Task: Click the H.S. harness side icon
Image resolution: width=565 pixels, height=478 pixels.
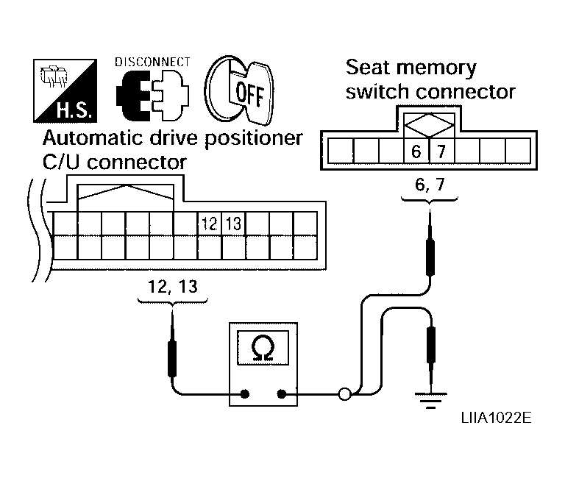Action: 65,90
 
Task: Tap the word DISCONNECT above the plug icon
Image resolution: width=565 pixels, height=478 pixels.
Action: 152,63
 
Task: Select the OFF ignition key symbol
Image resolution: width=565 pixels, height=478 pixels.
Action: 239,90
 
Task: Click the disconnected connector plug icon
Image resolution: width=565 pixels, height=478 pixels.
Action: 152,95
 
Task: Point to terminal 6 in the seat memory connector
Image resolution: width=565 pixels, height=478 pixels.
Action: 416,151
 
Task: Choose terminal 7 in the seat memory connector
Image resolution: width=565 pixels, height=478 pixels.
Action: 441,151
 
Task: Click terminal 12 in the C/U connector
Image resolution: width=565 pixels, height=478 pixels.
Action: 210,224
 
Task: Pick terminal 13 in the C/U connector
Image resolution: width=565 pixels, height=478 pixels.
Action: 233,224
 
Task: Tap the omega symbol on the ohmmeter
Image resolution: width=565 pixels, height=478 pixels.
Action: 263,348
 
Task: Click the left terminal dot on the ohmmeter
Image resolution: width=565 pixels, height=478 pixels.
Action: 245,394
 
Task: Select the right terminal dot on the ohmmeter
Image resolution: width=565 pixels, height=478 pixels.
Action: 282,394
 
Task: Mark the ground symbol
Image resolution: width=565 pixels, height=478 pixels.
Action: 430,401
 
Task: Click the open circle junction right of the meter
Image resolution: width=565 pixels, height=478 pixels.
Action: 344,394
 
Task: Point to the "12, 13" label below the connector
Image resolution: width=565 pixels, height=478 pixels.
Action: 173,287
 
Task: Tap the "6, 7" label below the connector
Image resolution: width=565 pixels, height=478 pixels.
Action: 430,185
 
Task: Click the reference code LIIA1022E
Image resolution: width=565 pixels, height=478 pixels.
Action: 496,418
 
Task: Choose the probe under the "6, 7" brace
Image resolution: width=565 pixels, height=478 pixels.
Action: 430,244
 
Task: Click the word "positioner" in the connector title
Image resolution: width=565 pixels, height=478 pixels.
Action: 254,139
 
